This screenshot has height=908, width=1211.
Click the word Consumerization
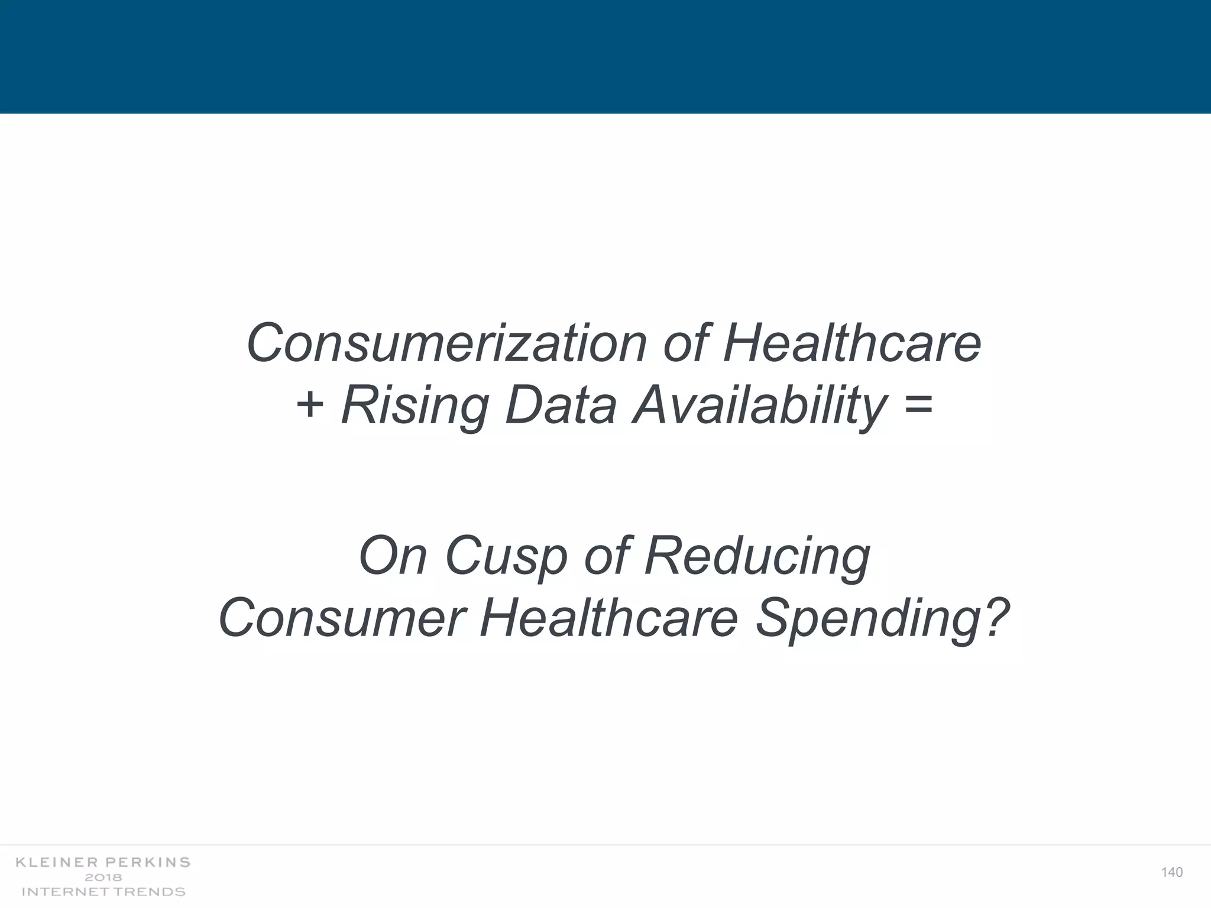[x=446, y=344]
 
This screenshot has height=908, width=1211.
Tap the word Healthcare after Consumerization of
[x=852, y=344]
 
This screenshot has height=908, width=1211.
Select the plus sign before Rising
[x=310, y=407]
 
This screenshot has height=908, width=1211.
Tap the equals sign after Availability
[x=918, y=407]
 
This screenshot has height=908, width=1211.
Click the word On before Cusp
[x=392, y=556]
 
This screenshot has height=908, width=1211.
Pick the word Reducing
[x=757, y=557]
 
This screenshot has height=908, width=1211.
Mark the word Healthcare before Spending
[x=609, y=618]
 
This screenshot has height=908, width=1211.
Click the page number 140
[x=1171, y=873]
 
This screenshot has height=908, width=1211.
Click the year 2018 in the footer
[x=103, y=877]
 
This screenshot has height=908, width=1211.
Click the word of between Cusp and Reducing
[x=605, y=556]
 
